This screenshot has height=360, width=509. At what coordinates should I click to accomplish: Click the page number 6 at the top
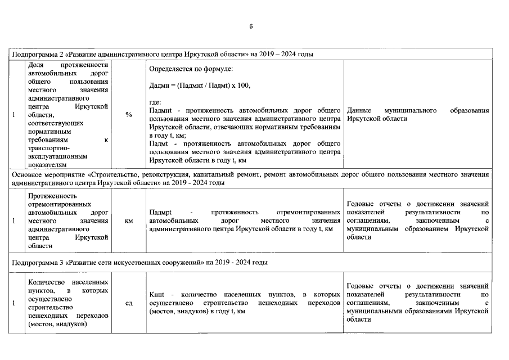[x=251, y=26]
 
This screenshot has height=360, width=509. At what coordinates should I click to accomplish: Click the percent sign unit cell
[x=129, y=114]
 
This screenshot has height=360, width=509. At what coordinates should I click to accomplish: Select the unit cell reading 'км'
[x=129, y=221]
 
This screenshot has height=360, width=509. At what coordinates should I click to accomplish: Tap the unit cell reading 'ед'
[x=129, y=303]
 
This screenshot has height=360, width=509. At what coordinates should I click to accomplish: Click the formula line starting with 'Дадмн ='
[x=199, y=85]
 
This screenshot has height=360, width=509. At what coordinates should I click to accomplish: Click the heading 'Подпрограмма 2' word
[x=37, y=54]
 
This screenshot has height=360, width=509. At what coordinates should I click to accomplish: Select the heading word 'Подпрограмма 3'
[x=37, y=262]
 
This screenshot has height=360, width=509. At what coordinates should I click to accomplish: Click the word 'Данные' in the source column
[x=359, y=111]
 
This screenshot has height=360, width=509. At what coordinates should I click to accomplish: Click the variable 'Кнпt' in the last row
[x=157, y=295]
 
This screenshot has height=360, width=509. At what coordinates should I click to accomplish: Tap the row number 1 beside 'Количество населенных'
[x=14, y=303]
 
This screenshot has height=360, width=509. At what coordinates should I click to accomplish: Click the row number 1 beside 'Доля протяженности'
[x=14, y=114]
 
